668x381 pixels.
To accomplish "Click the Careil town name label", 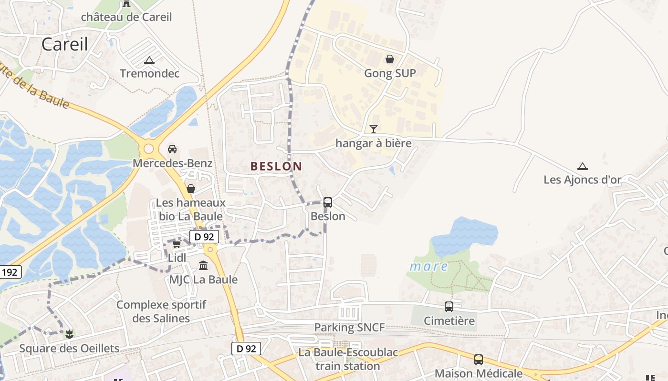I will [65, 44].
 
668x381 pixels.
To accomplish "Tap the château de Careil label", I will [126, 17].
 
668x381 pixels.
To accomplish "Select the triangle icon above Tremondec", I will [149, 60].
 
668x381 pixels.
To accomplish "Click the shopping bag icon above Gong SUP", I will [390, 59].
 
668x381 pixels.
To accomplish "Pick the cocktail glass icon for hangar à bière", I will [374, 129].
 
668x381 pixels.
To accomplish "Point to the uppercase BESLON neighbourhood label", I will [276, 166].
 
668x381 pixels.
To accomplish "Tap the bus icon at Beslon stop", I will [328, 202].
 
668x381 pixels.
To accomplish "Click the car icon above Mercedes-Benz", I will [172, 149].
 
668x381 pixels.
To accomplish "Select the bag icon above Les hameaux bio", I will [191, 189].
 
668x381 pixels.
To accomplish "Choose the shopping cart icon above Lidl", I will [177, 244].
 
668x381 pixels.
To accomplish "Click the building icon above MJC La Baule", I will [203, 265].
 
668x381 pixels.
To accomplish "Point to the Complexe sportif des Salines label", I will [161, 311].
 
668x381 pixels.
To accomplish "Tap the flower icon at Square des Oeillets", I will [70, 334].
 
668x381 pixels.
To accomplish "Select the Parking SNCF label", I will [349, 328].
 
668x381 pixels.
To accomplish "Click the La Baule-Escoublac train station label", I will [348, 360].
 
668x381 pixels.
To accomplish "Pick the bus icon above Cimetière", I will [449, 307].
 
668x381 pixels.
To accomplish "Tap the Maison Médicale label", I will [479, 373].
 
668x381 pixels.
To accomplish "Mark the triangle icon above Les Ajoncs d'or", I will [582, 166].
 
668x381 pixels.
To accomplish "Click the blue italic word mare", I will [429, 266].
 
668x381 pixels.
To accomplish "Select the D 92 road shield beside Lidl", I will [204, 237].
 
